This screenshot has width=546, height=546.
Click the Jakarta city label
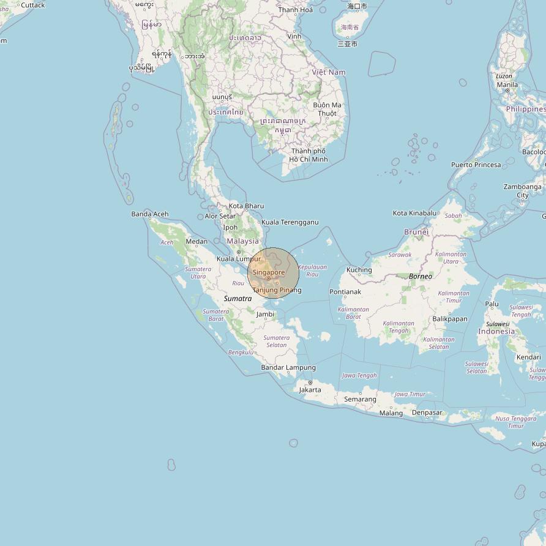pos(310,390)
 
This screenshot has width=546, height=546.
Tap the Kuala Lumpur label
pos(238,259)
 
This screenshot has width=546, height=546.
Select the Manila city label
pos(507,84)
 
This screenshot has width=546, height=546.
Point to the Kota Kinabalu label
pos(415,213)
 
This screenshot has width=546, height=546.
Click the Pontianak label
pos(345,292)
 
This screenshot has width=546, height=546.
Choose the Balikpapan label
pos(449,319)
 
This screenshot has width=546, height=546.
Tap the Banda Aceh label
pos(149,214)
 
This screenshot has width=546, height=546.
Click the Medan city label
pos(196,242)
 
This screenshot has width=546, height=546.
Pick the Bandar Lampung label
pos(288,367)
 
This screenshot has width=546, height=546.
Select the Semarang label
pos(360,399)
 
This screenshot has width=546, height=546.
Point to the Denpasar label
pos(427,413)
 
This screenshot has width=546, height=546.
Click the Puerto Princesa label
pos(476,165)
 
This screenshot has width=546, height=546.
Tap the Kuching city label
pos(359,270)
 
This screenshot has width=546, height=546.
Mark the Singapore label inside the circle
pos(269,272)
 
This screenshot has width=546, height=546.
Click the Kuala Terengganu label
pos(290,222)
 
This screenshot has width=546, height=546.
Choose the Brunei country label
pos(416,232)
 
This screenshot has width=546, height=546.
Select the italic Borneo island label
pos(421,277)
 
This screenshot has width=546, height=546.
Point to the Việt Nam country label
pos(329,72)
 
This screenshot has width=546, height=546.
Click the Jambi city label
pos(265,315)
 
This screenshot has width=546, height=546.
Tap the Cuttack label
pos(32,5)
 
